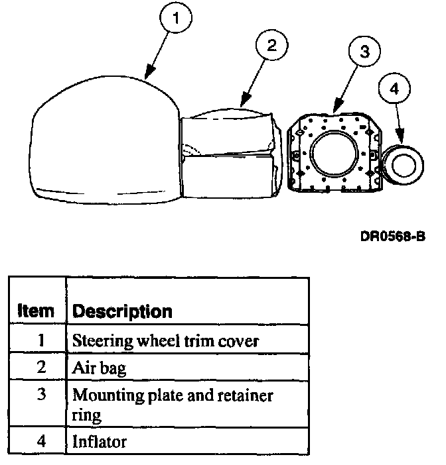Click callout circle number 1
[x=176, y=19]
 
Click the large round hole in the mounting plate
[x=334, y=154]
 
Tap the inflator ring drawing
[x=404, y=164]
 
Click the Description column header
[x=122, y=311]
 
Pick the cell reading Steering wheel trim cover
[x=165, y=341]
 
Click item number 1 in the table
[x=40, y=341]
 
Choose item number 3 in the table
[x=40, y=395]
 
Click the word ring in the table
[x=86, y=415]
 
